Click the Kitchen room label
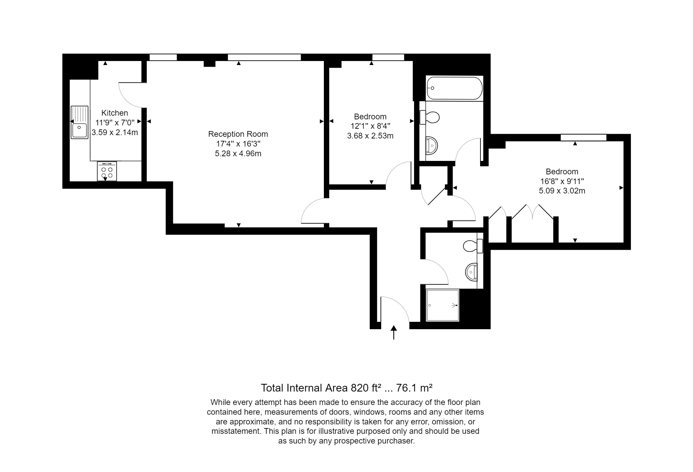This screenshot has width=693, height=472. tap(115, 113)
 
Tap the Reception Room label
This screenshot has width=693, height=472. tap(238, 134)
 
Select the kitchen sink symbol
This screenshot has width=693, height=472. tap(79, 122)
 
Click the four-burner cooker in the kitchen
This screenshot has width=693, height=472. tap(107, 171)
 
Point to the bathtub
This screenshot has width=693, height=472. tap(454, 88)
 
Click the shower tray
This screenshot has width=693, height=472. tap(442, 305)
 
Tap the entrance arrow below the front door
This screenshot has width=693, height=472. tap(394, 332)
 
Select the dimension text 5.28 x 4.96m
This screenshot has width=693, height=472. tap(238, 154)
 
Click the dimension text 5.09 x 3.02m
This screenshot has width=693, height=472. tap(562, 191)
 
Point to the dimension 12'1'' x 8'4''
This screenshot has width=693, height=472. tap(370, 126)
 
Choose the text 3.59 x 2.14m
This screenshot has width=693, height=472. tap(115, 132)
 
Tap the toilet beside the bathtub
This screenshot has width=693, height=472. tap(429, 117)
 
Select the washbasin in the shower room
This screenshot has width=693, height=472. tap(471, 272)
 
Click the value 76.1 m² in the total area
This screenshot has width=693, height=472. tap(414, 388)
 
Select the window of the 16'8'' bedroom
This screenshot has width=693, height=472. tap(584, 137)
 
